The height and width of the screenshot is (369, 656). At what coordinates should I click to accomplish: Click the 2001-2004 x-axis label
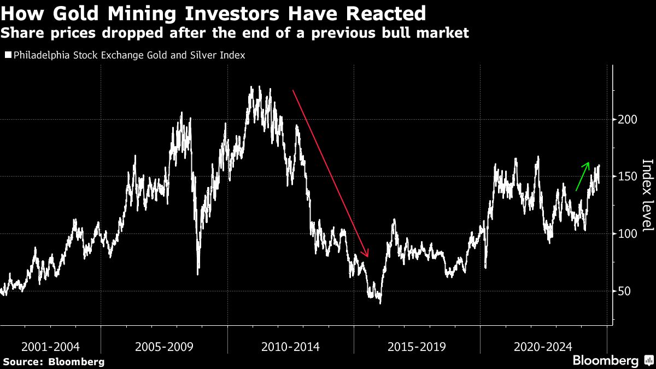(50, 347)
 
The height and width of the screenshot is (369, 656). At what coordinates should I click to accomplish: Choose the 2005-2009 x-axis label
(164, 347)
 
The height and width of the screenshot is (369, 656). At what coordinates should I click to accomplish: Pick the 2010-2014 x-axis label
(291, 347)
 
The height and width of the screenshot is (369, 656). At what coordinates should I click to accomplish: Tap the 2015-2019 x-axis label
(417, 347)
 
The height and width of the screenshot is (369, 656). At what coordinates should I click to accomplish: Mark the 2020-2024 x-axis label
(543, 347)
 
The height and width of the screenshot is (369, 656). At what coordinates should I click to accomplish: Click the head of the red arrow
(367, 255)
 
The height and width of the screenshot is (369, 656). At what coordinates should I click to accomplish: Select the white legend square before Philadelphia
(7, 55)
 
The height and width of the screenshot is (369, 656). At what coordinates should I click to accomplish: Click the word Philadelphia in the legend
(39, 55)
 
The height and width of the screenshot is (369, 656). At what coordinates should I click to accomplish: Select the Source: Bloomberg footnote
(54, 361)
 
